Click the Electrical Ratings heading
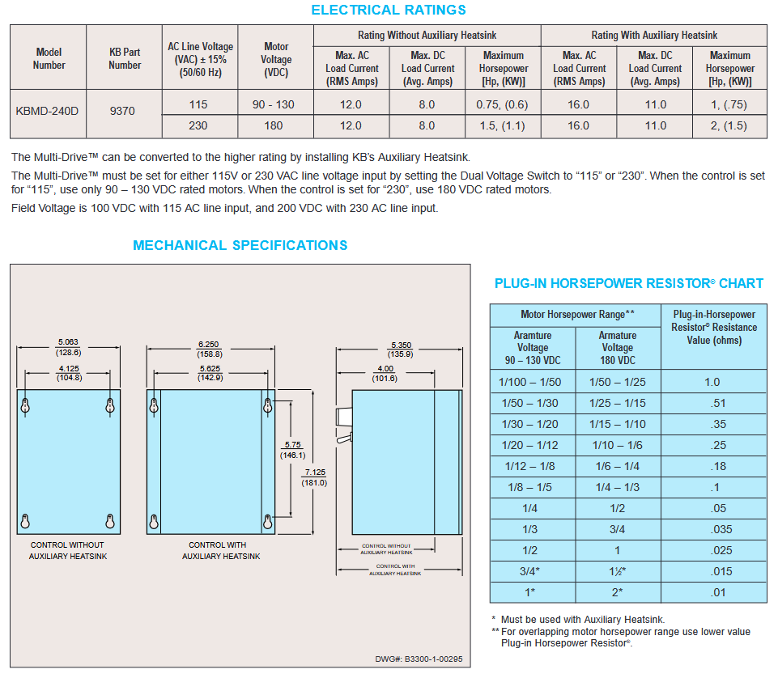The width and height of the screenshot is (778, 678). [x=389, y=11]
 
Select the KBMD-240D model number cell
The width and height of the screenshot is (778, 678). [x=48, y=110]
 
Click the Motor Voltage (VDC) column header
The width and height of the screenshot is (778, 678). [x=276, y=59]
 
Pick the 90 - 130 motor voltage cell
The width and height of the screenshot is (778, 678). [x=276, y=104]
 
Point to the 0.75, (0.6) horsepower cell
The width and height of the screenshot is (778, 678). [x=503, y=104]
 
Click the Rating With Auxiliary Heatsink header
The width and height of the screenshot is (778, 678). [x=654, y=35]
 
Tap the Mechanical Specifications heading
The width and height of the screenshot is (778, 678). [x=240, y=245]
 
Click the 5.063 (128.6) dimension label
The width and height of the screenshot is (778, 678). [x=68, y=347]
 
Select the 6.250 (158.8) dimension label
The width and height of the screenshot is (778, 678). [x=210, y=348]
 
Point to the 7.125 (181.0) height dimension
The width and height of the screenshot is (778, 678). [x=315, y=477]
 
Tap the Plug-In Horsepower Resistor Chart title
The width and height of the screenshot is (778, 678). [x=628, y=283]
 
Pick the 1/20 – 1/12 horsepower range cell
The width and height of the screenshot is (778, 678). [x=531, y=445]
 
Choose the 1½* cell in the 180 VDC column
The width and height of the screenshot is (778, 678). [x=617, y=571]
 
